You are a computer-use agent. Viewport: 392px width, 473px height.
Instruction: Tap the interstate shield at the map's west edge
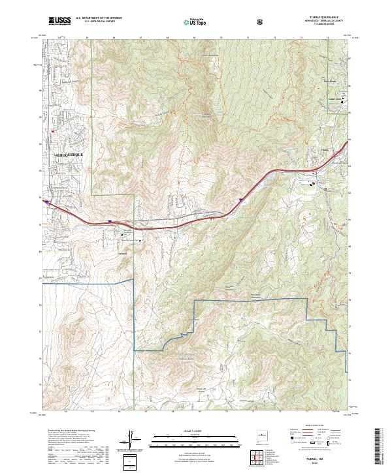[x=46, y=202]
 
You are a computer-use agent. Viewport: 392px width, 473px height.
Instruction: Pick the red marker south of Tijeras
[x=313, y=184]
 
